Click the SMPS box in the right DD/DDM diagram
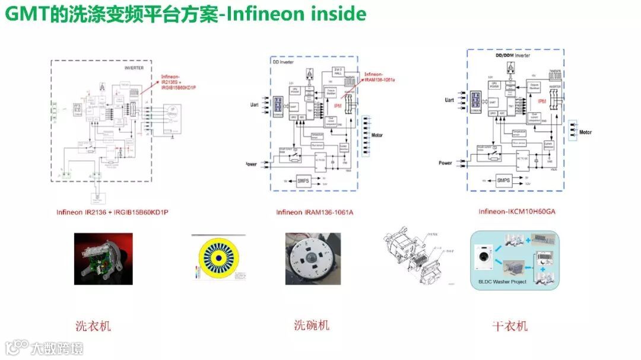coord(504,180)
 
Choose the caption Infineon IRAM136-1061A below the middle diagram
coord(315,212)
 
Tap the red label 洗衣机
coord(93,326)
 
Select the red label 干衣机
coord(510,326)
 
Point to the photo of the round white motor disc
coord(313,258)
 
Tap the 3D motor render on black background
coord(103,258)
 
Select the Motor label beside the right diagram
coord(586,132)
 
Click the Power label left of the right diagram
coord(446,163)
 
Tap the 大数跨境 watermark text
coord(58,348)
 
